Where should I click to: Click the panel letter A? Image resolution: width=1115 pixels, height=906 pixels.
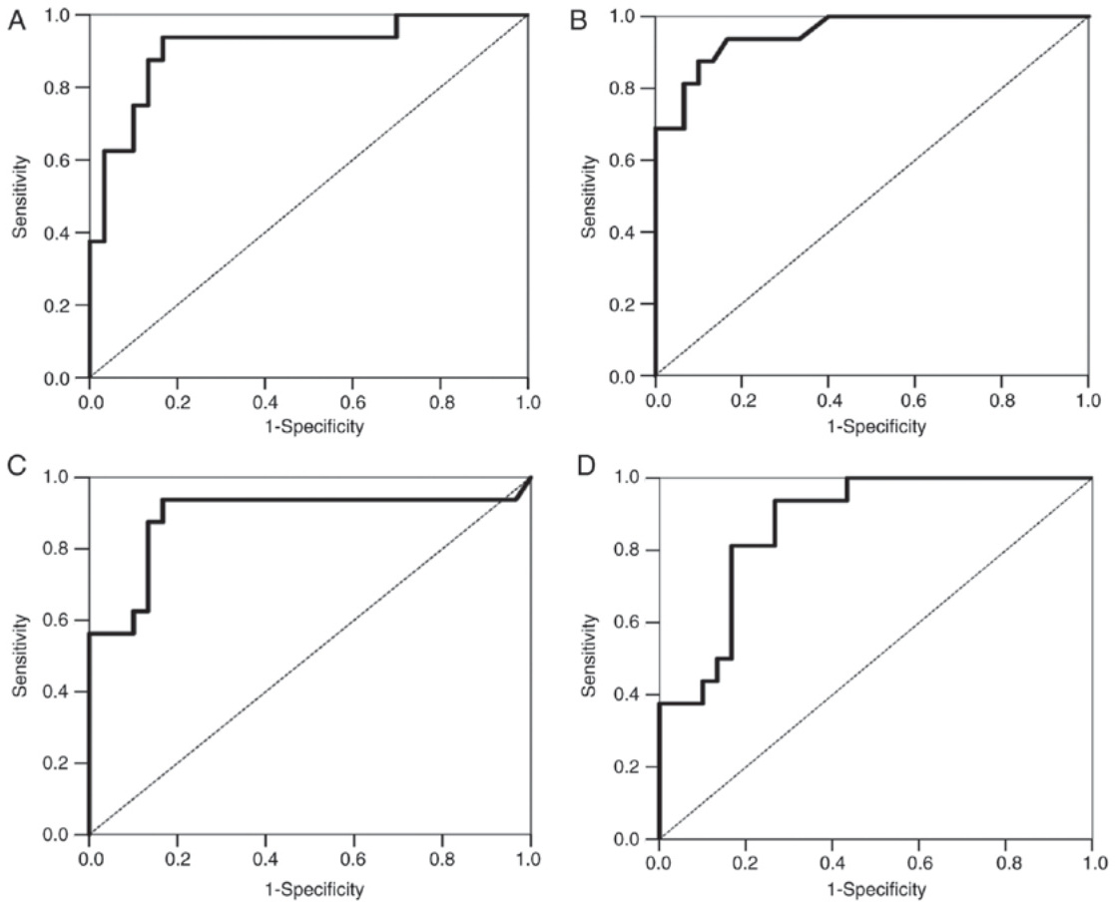point(15,22)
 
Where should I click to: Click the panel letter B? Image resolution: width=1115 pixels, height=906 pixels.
point(577,20)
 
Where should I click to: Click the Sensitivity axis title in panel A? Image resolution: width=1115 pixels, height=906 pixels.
point(20,197)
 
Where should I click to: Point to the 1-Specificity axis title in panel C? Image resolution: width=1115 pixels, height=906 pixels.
point(308,887)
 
